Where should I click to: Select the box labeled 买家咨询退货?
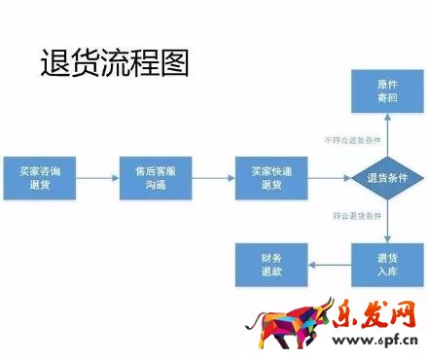[38, 177]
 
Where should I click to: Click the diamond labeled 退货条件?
[387, 177]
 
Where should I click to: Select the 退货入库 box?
[387, 264]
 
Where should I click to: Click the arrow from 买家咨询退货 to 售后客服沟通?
[96, 177]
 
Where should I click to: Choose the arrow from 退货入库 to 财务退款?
[329, 264]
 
